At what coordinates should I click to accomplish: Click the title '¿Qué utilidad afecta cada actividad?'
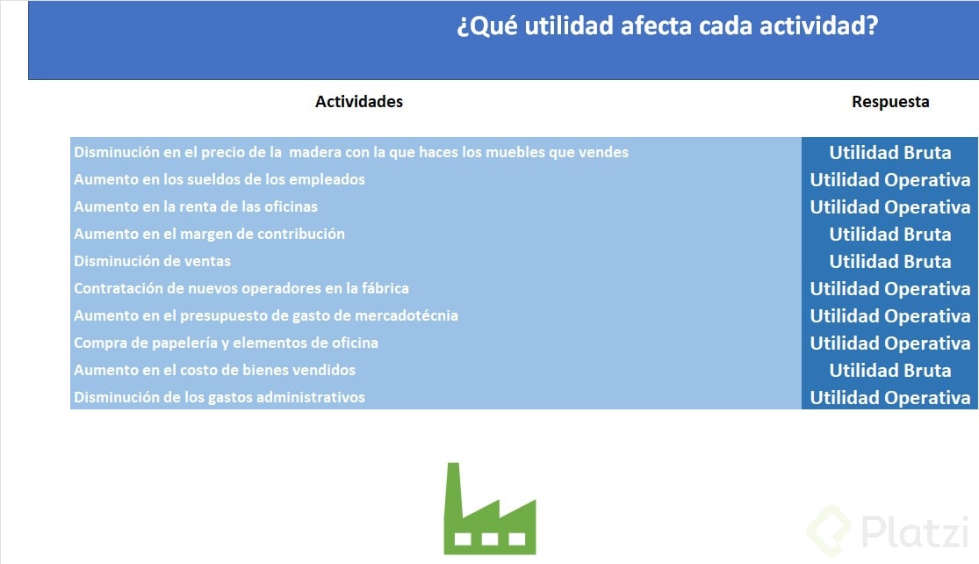tap(667, 26)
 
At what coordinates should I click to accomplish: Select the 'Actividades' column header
tap(359, 102)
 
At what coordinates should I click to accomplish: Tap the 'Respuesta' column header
tap(889, 102)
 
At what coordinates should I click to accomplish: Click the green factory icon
tap(489, 510)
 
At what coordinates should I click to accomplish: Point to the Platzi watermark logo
tap(887, 530)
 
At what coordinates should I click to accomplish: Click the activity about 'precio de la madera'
tap(351, 152)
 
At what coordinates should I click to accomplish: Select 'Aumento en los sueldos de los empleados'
tap(220, 179)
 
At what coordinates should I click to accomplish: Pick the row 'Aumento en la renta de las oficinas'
tap(196, 206)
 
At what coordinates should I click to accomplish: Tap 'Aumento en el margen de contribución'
tap(209, 234)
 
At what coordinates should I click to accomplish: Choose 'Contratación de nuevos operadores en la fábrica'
tap(241, 288)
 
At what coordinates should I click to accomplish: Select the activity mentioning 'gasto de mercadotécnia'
tap(266, 315)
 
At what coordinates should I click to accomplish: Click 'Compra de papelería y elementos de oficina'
tap(226, 343)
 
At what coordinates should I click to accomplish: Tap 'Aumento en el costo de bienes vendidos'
tap(214, 370)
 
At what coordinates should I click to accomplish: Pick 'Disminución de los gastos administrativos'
tap(220, 397)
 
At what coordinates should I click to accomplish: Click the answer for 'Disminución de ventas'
tap(889, 261)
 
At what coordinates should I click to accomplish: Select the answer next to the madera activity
tap(889, 152)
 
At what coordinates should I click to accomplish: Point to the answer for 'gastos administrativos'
tap(889, 397)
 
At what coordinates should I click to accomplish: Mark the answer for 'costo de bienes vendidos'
tap(889, 370)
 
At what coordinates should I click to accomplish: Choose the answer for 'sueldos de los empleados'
tap(889, 179)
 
